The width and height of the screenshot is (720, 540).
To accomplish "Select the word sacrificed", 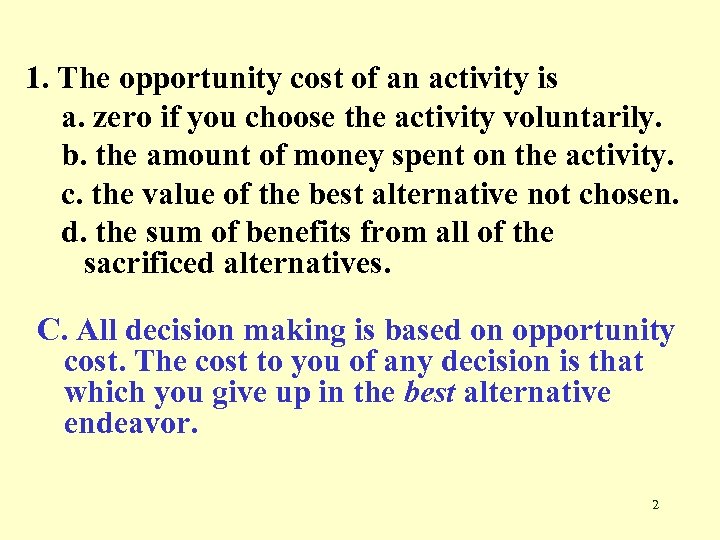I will pyautogui.click(x=149, y=265).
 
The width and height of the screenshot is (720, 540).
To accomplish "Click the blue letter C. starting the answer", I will pyautogui.click(x=54, y=331).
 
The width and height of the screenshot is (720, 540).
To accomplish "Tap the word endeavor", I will pyautogui.click(x=131, y=423).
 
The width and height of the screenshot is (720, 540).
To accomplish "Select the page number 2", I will pyautogui.click(x=655, y=505).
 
